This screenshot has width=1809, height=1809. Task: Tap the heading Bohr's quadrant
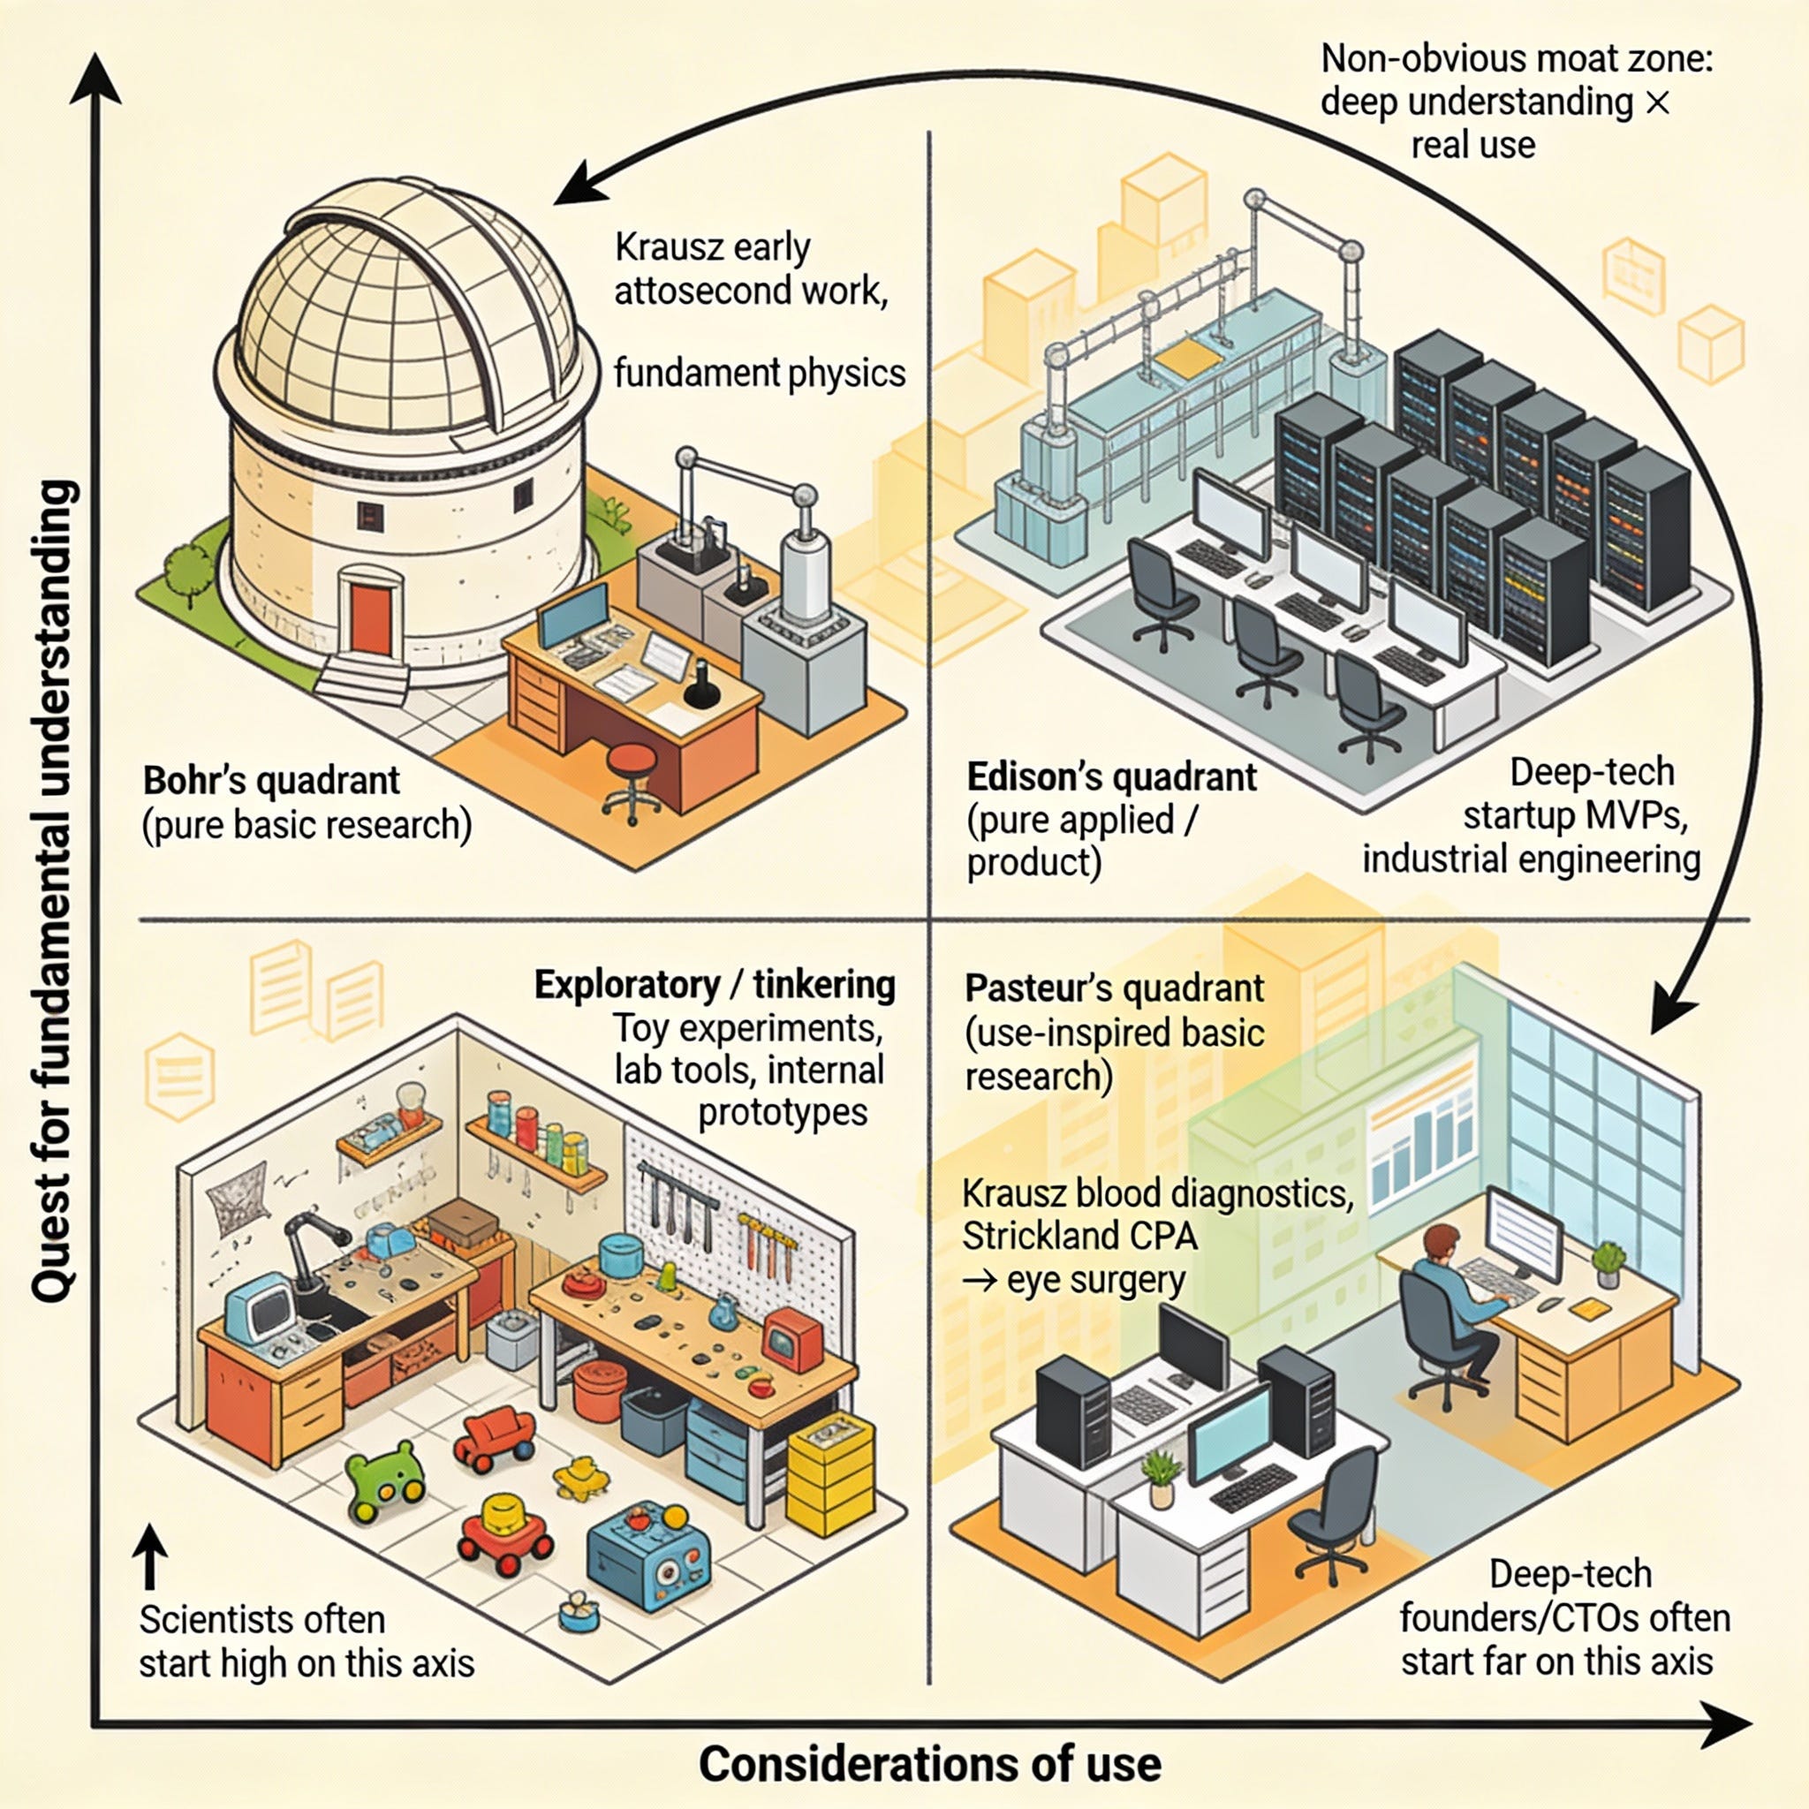coord(270,780)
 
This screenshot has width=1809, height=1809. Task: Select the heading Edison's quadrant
coord(1111,777)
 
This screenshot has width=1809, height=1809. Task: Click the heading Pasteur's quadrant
coord(1114,988)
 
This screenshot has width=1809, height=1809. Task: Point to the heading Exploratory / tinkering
coord(715,985)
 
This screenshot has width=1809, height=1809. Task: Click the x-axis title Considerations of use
coord(930,1764)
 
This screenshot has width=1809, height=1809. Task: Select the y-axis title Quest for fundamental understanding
coord(53,890)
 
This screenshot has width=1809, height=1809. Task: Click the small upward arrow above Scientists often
coord(150,1555)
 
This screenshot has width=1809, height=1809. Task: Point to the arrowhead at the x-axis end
coord(1725,1725)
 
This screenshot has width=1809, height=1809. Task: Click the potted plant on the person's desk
coord(1608,1263)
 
